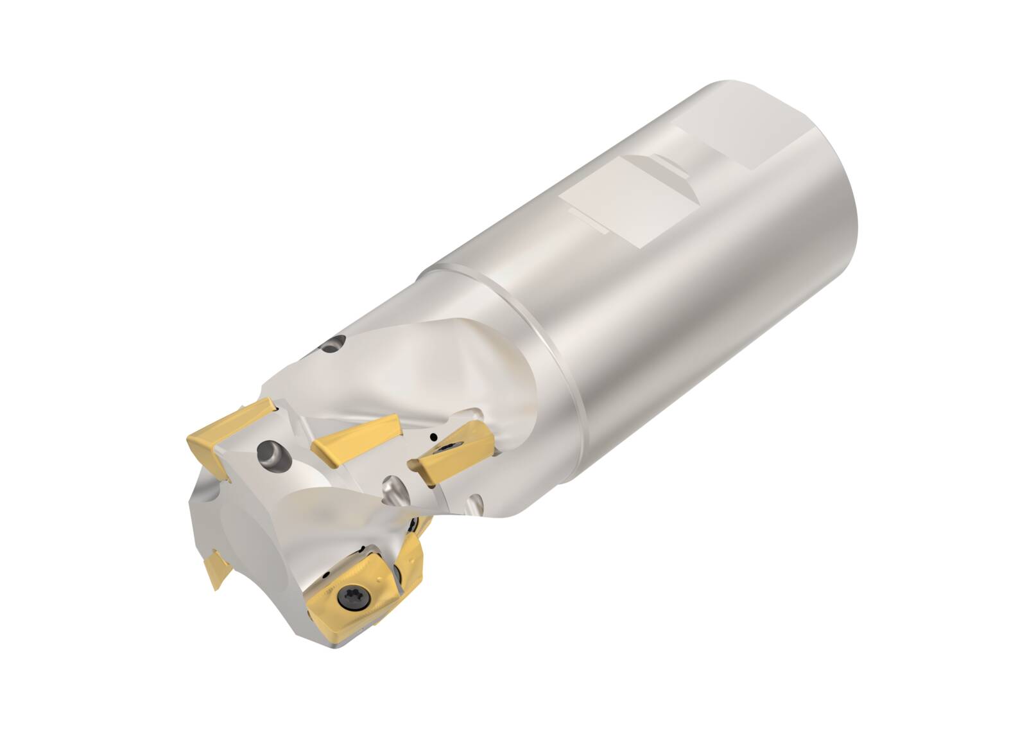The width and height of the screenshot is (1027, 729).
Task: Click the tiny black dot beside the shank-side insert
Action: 435,438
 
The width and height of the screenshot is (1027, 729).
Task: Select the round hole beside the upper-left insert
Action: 272,453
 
